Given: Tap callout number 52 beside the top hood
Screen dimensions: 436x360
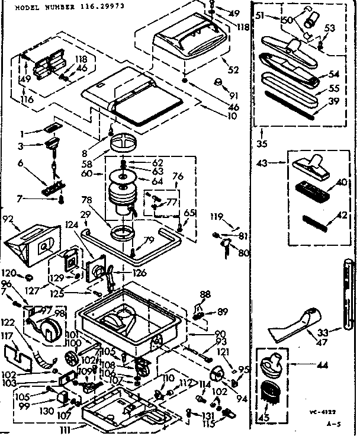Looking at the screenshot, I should click(x=233, y=70).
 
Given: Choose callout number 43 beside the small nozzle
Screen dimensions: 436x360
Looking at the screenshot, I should click(x=262, y=163).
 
